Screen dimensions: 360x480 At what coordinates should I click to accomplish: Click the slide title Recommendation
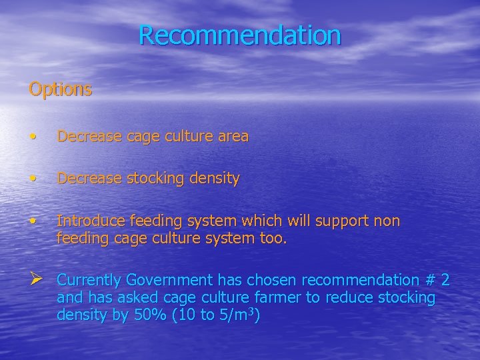point(240,35)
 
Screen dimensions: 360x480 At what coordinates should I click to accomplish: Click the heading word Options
point(61,89)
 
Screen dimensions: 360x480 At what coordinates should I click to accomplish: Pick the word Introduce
point(89,221)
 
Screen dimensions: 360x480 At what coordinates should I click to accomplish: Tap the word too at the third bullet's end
point(273,238)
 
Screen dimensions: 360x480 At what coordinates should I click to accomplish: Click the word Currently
point(89,279)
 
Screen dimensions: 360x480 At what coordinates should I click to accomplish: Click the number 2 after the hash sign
point(445,279)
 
